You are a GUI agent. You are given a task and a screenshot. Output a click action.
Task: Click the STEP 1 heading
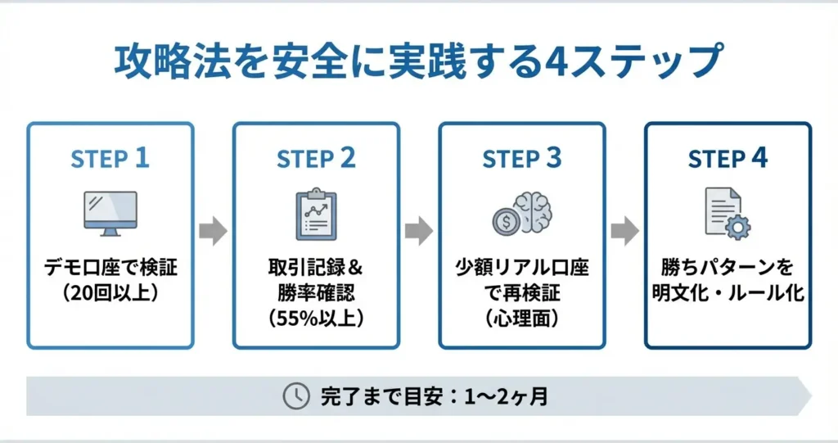110,158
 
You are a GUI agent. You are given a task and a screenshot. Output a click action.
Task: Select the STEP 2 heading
316,158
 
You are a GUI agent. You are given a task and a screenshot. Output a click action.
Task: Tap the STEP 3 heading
522,158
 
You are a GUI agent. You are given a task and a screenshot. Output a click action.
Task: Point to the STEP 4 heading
728,158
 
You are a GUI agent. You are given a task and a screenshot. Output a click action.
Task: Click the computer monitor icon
110,212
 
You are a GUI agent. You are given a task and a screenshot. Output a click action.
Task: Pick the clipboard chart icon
316,215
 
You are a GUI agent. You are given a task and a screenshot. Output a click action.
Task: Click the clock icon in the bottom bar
295,396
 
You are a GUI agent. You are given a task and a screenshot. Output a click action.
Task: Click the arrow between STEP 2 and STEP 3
419,232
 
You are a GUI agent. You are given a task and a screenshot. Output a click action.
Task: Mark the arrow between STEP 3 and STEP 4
624,232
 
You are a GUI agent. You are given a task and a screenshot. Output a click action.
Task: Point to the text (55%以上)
316,318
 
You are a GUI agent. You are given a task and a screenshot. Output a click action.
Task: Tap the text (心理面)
522,318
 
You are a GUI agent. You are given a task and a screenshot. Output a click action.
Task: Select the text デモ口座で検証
110,269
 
